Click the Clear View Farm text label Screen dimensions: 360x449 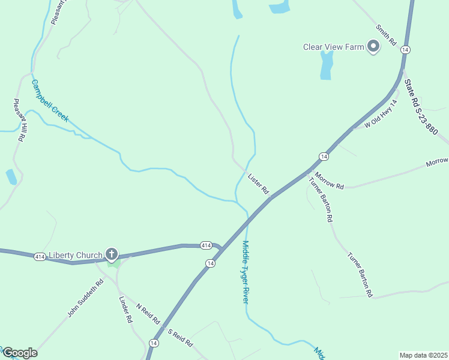click(x=333, y=47)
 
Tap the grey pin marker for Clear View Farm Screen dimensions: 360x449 click(x=373, y=46)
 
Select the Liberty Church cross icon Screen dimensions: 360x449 click(x=111, y=254)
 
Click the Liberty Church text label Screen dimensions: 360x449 click(x=76, y=255)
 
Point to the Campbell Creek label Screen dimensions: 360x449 click(x=50, y=101)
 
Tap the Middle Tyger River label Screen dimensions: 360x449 click(x=245, y=271)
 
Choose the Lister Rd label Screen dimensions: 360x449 click(x=258, y=183)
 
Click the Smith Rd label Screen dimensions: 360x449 click(x=387, y=36)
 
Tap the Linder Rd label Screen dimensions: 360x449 click(x=125, y=310)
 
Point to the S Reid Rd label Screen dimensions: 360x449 click(x=180, y=338)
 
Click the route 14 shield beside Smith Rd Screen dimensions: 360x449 click(x=406, y=50)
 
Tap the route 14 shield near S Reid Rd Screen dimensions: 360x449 click(x=154, y=343)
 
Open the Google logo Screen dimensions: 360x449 click(x=20, y=353)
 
